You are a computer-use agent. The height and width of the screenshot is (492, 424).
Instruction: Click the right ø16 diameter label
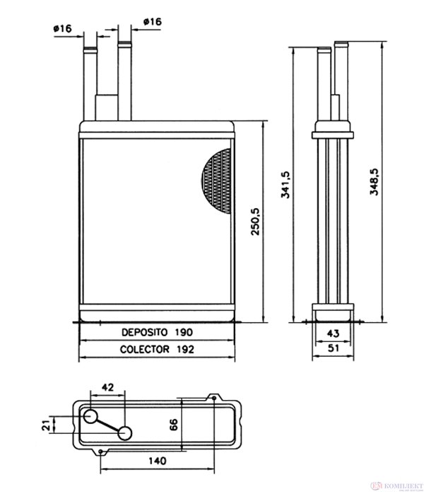(x=151, y=22)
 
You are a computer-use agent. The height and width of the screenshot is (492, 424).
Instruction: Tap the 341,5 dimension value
(x=285, y=185)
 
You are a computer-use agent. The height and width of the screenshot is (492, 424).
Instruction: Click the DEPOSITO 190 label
(x=156, y=331)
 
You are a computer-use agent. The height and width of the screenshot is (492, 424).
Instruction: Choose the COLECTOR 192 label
(x=156, y=349)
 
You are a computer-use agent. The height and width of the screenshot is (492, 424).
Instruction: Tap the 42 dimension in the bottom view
(x=107, y=387)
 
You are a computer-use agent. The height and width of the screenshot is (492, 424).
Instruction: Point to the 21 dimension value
(x=45, y=425)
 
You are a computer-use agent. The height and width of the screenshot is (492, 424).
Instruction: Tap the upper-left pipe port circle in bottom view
(x=91, y=417)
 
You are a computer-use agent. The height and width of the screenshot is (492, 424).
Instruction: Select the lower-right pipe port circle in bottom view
(x=124, y=433)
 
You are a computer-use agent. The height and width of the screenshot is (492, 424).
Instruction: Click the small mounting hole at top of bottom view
(x=214, y=398)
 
